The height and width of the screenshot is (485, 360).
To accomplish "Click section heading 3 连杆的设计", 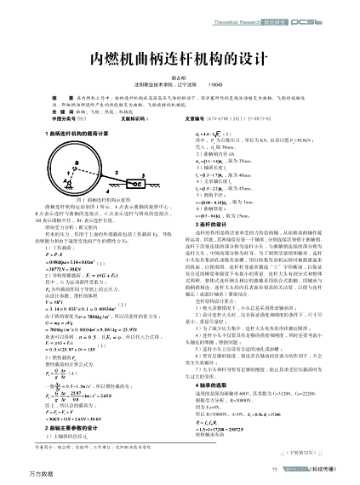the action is (x=207, y=225).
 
